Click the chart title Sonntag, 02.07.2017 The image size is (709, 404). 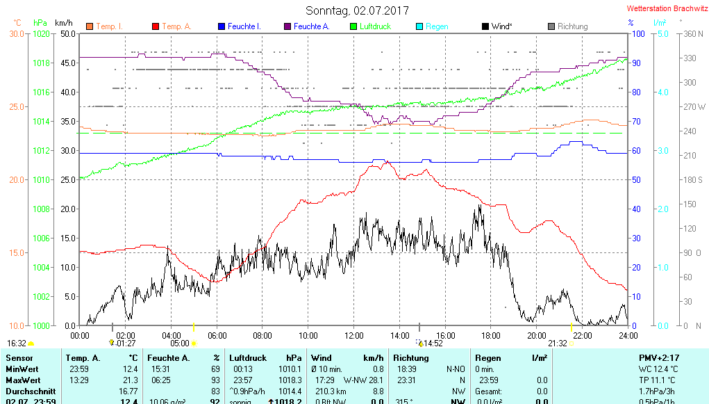pos(357,10)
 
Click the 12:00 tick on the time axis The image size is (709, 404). pos(353,336)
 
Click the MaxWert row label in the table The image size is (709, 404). pos(23,380)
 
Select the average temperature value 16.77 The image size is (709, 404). pos(127,391)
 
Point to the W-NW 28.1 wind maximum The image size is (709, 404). pos(363,380)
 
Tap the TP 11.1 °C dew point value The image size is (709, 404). pos(660,380)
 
